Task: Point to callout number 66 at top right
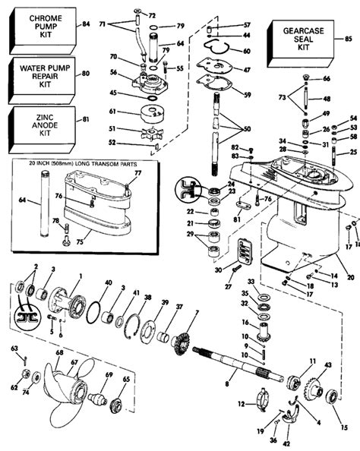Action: click(327, 79)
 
